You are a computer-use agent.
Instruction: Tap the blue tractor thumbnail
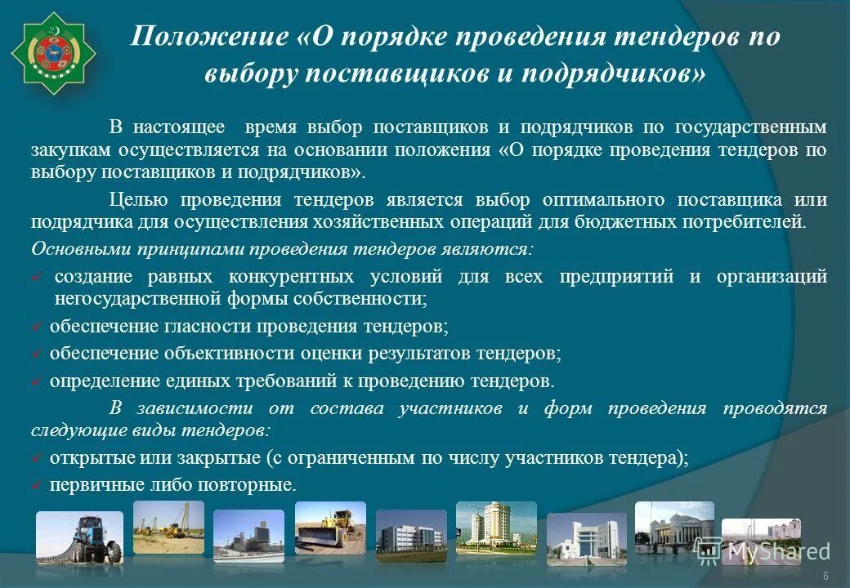pyautogui.click(x=79, y=537)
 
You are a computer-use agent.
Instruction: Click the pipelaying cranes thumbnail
pyautogui.click(x=168, y=527)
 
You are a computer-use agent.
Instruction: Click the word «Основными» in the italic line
pyautogui.click(x=69, y=247)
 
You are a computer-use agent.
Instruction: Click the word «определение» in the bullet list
pyautogui.click(x=98, y=381)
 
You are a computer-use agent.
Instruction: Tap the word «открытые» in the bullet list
pyautogui.click(x=85, y=458)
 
